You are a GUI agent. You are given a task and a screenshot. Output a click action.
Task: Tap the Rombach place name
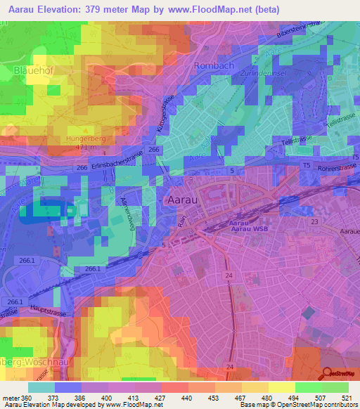pyautogui.click(x=214, y=65)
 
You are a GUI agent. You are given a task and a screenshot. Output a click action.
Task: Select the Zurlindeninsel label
pyautogui.click(x=281, y=73)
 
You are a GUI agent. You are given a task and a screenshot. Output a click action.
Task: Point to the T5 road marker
pyautogui.click(x=306, y=164)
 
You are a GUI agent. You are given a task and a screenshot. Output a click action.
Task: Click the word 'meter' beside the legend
pyautogui.click(x=11, y=397)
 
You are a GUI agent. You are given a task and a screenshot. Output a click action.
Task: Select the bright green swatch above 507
pyautogui.click(x=309, y=387)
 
